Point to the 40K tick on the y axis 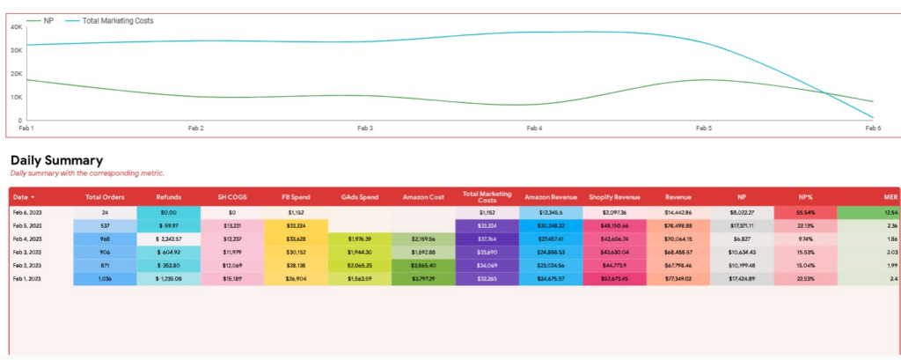tap(15, 26)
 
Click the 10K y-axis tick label tap(15, 97)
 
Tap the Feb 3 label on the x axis tap(365, 128)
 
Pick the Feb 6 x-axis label tap(873, 128)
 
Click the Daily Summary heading tap(56, 160)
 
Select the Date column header tap(23, 197)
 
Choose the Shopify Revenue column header tap(613, 197)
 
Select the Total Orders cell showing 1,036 tap(105, 279)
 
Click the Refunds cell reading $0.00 tap(168, 212)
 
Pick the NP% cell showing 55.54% tap(804, 212)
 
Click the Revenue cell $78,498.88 tap(678, 225)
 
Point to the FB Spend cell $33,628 tap(296, 239)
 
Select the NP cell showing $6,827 tap(742, 239)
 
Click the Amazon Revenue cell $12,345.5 tap(550, 212)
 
